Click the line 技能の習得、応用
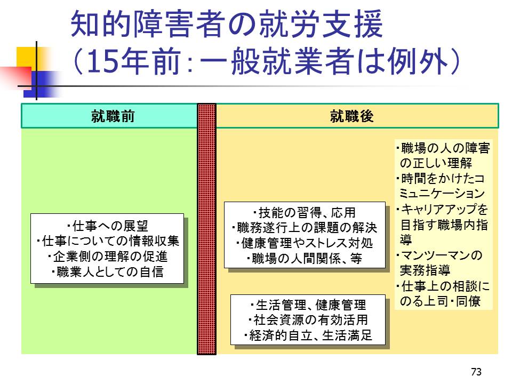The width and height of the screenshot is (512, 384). (305, 213)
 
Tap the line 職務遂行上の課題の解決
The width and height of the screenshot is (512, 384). (305, 228)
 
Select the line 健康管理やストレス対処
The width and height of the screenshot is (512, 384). (305, 244)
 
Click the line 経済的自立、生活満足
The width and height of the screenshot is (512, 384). (308, 336)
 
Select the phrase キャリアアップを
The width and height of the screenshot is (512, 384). (442, 209)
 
